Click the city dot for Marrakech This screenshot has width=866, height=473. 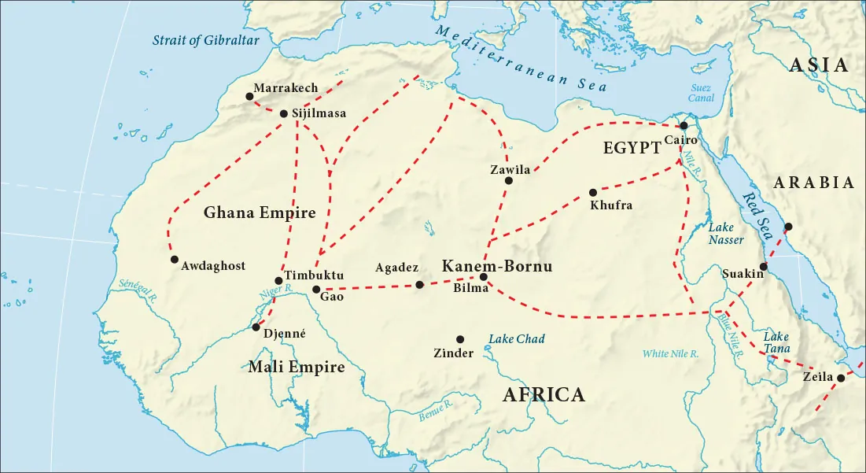[x=249, y=96]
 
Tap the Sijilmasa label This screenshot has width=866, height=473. [x=319, y=113]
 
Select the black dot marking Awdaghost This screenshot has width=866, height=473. [x=173, y=259]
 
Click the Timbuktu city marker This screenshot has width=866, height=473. [x=278, y=280]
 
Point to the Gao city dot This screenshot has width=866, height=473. [x=316, y=290]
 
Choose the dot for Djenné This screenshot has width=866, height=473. [x=256, y=327]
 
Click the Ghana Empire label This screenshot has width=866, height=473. [x=259, y=212]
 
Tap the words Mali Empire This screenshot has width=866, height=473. [x=296, y=367]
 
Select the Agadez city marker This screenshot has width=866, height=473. [x=419, y=284]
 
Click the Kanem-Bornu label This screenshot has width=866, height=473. [x=496, y=266]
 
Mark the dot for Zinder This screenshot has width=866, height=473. [x=460, y=339]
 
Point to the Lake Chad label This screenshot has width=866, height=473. [x=517, y=339]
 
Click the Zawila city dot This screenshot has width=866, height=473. [x=508, y=180]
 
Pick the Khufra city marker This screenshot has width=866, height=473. [x=592, y=192]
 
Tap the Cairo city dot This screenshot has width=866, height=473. [x=684, y=125]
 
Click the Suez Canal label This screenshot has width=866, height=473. [x=701, y=93]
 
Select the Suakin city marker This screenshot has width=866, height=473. [x=763, y=266]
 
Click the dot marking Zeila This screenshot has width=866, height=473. [x=840, y=378]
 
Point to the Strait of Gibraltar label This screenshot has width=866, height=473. [x=205, y=40]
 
